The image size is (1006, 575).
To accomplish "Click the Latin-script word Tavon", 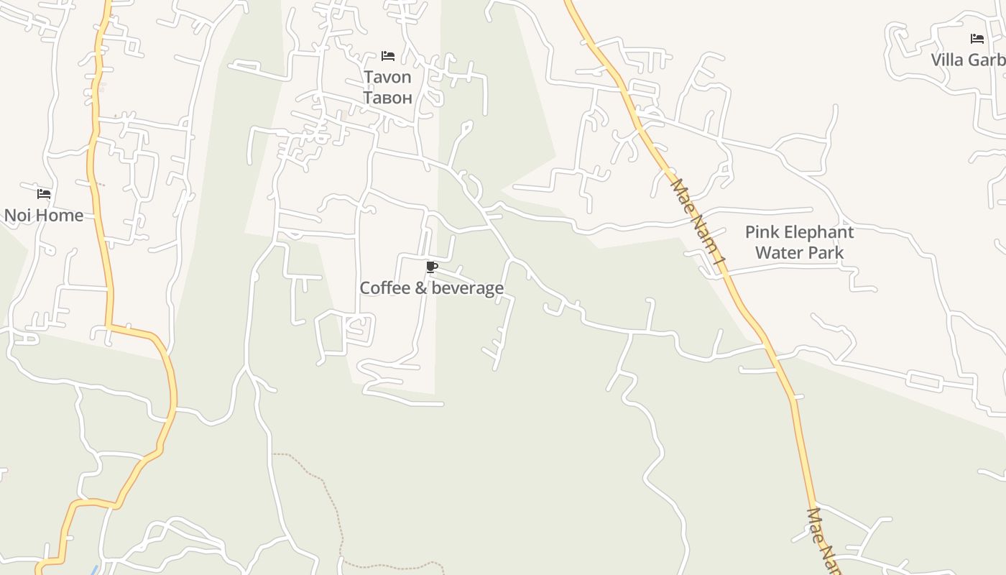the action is click(x=387, y=77).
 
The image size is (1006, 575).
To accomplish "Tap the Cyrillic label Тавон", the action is click(x=387, y=97).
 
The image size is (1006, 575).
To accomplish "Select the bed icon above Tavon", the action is click(x=388, y=56).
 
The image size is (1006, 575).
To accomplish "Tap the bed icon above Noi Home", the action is click(x=44, y=194).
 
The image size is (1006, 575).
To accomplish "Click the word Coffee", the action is click(x=384, y=288).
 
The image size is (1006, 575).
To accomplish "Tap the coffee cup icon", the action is click(x=431, y=267).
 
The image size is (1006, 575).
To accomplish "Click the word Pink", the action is click(x=761, y=232).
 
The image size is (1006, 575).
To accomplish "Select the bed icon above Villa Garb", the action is click(x=977, y=39).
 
